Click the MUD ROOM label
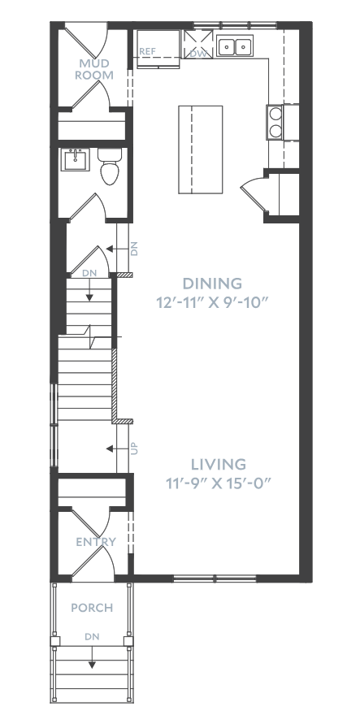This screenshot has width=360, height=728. [93, 69]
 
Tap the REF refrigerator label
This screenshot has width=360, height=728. [147, 51]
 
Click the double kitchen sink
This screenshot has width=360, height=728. [234, 46]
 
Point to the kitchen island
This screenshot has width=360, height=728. [200, 149]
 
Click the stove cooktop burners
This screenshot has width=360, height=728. [275, 122]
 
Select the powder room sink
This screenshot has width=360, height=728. [75, 160]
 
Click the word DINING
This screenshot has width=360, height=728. [212, 284]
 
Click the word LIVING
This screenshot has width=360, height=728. [219, 464]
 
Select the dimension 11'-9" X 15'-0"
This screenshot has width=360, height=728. [219, 483]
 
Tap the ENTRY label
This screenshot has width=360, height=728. [96, 542]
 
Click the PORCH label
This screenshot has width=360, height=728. [92, 607]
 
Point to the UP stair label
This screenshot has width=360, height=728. [135, 448]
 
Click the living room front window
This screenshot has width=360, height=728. [215, 578]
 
